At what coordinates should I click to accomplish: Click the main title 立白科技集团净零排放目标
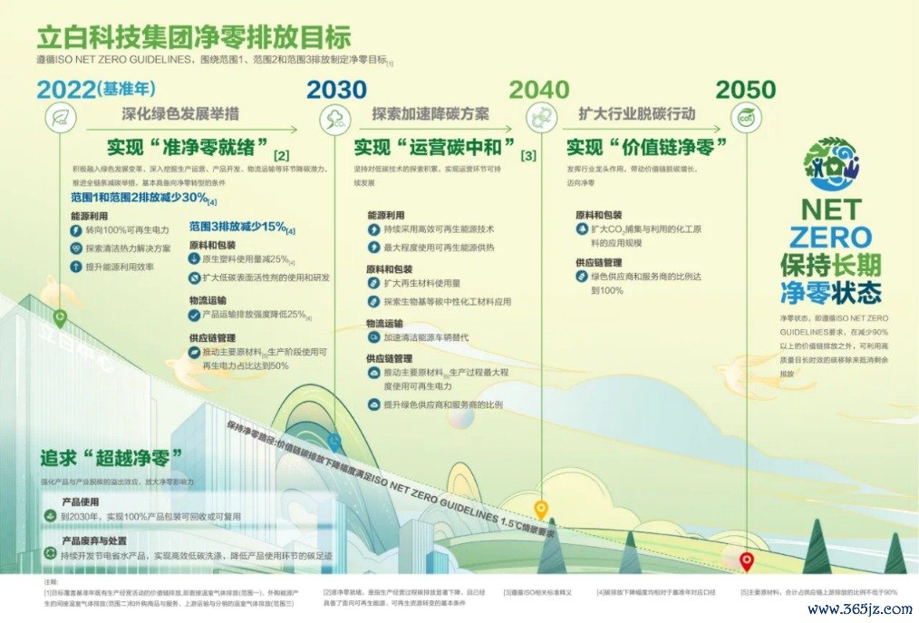coord(193,38)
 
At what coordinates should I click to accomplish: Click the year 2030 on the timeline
coord(336,89)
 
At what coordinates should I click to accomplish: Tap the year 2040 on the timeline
coord(539,89)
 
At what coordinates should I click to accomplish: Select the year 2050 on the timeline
coord(745,89)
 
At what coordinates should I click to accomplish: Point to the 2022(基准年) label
coord(94,89)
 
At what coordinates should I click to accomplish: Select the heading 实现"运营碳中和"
coord(434,147)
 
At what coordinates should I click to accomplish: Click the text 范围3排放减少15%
coord(237,226)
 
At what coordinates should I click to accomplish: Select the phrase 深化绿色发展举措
coord(180,114)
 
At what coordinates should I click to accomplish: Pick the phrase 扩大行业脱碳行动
coord(636,114)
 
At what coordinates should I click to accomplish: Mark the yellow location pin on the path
coord(541,509)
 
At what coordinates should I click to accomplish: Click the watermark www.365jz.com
coord(866,609)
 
